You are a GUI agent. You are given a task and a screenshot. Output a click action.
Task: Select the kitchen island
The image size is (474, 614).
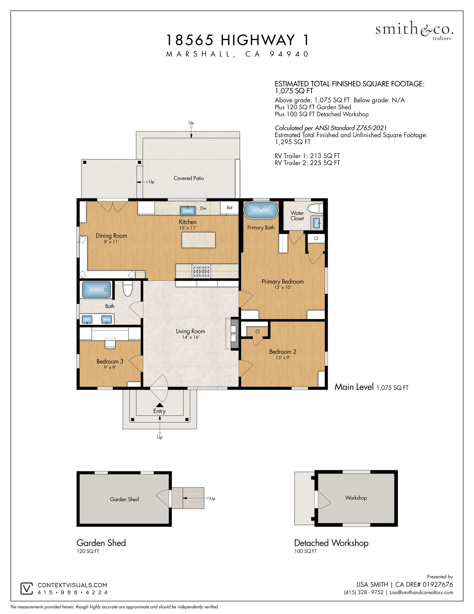pyautogui.click(x=199, y=240)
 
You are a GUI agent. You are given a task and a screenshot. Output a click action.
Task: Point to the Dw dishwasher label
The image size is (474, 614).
pyautogui.click(x=203, y=208)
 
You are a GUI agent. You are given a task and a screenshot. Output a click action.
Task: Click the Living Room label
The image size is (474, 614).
pyautogui.click(x=191, y=331)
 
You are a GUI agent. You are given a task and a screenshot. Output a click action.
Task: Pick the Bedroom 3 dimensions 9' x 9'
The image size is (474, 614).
pyautogui.click(x=110, y=367)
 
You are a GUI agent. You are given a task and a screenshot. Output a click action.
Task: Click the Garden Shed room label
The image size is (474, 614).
pyautogui.click(x=124, y=499)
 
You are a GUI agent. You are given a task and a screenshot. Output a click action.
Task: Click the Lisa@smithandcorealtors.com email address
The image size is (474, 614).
pyautogui.click(x=421, y=592)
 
